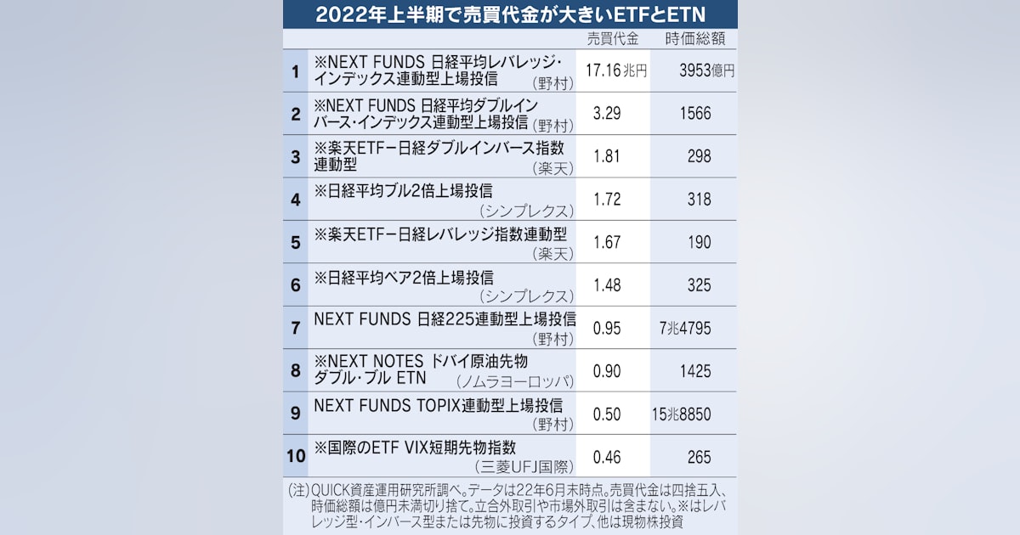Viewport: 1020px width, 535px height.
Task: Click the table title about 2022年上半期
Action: click(510, 14)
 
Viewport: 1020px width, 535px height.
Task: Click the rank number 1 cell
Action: click(295, 71)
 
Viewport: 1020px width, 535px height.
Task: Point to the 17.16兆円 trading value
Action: click(615, 71)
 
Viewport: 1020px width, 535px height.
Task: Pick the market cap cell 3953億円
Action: click(705, 71)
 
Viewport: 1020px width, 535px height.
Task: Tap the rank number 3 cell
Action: click(295, 157)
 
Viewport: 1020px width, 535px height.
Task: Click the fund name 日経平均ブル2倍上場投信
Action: click(403, 191)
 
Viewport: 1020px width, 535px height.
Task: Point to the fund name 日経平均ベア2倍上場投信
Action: click(403, 277)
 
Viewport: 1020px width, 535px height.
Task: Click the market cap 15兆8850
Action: click(683, 414)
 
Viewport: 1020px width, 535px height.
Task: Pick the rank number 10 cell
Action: click(295, 457)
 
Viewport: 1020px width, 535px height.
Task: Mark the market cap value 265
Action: click(700, 458)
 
